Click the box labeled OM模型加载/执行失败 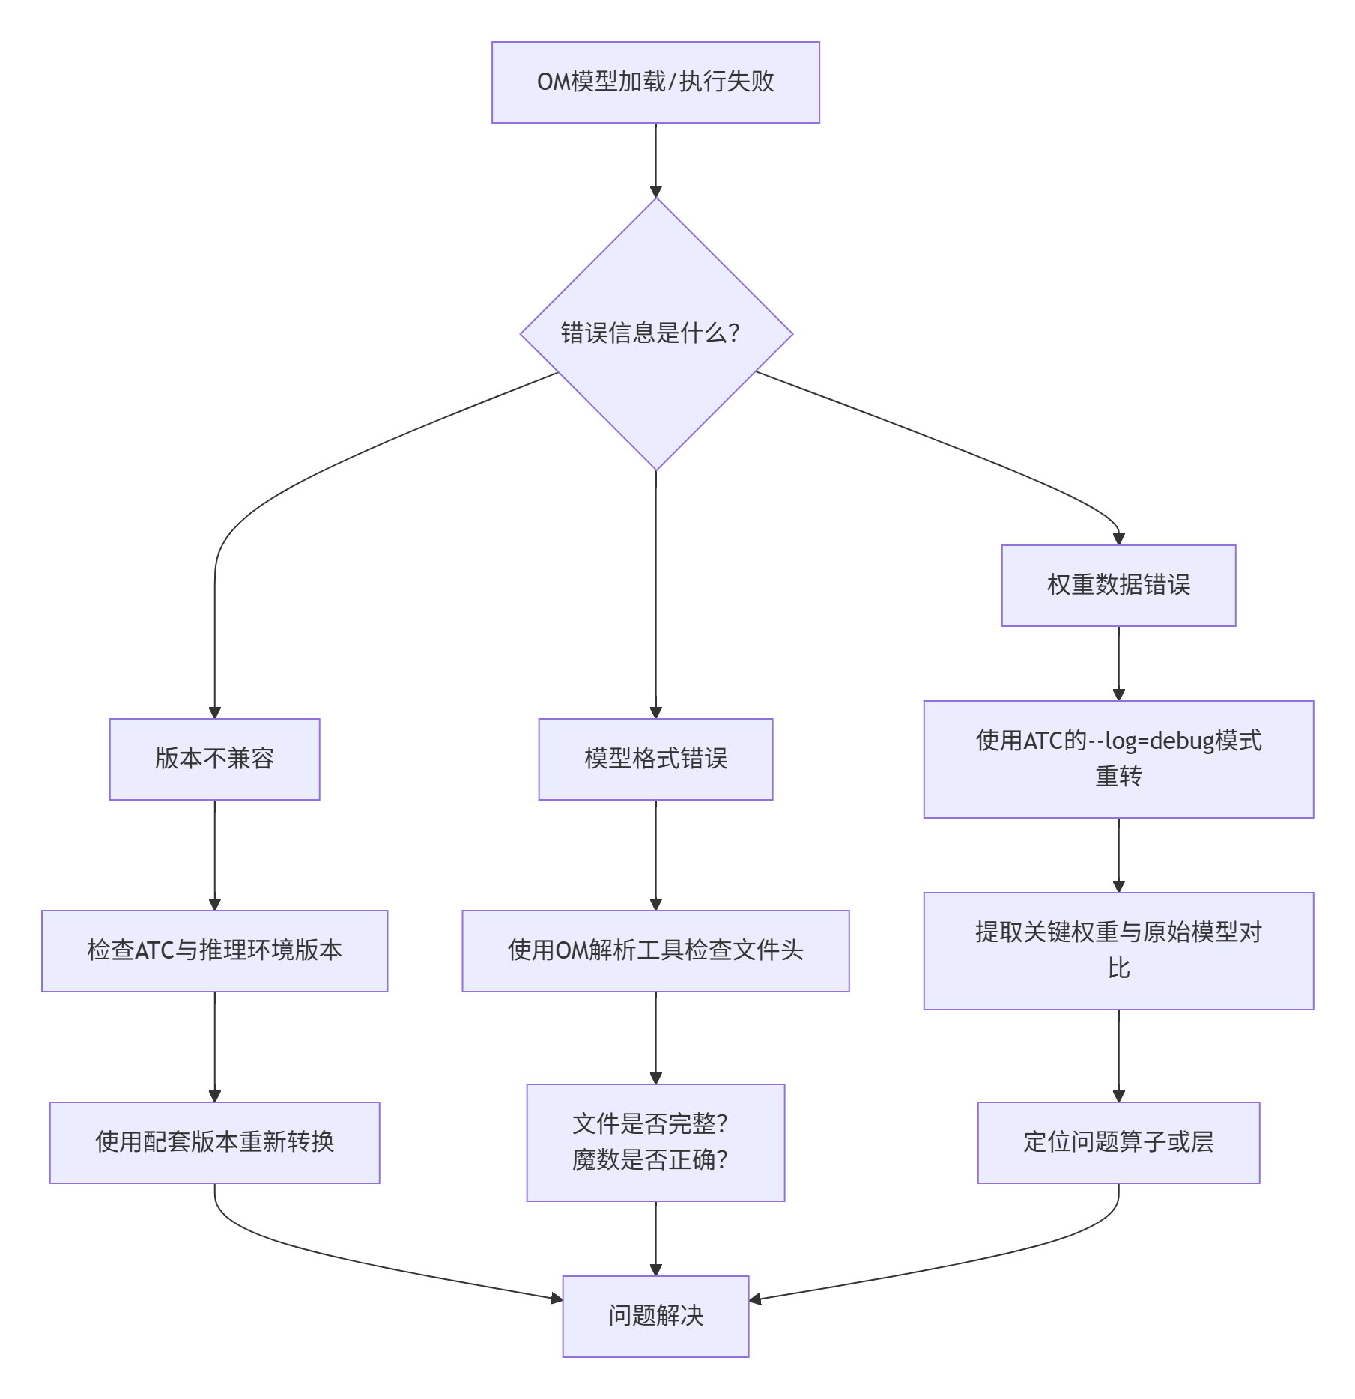click(655, 82)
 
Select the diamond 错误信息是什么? click(655, 334)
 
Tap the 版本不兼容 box click(214, 759)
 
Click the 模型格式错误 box click(655, 759)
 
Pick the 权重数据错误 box click(1118, 585)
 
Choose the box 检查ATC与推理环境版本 click(214, 950)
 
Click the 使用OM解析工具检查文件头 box click(655, 950)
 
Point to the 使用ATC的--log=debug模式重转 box click(1118, 759)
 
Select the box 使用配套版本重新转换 click(214, 1142)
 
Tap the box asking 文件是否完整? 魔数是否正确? click(655, 1142)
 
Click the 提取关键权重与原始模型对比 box click(1118, 950)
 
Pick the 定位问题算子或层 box click(1118, 1142)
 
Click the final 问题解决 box click(655, 1316)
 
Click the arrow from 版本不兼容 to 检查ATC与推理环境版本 click(215, 855)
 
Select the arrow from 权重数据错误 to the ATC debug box click(1119, 663)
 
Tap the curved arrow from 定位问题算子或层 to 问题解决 click(974, 1258)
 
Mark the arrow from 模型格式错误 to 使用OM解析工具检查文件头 click(656, 855)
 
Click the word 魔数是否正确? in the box click(650, 1160)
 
